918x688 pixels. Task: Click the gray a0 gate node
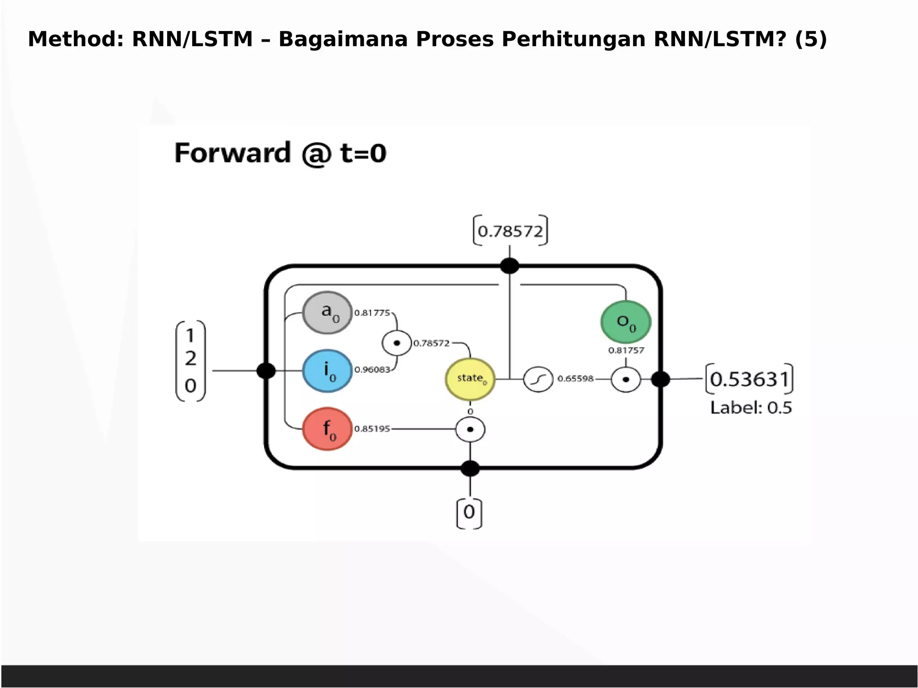pos(327,312)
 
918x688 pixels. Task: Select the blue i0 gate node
pos(327,371)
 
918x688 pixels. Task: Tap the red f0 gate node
pos(327,429)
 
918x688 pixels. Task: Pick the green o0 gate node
pos(626,322)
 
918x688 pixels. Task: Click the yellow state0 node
pos(470,379)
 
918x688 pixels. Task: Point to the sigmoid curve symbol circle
pos(538,379)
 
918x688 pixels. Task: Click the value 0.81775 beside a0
pos(372,313)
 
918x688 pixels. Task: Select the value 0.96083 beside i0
pos(372,370)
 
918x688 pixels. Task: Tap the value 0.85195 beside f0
pos(372,429)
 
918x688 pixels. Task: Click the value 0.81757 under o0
pos(626,350)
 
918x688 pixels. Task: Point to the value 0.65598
pos(575,379)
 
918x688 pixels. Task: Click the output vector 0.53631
pos(749,379)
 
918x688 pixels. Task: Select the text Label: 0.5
pos(751,408)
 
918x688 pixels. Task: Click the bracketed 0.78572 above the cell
pos(510,231)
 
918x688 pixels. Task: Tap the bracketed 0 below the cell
pos(469,512)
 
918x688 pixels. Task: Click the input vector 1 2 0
pos(191,361)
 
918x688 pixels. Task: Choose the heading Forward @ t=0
pos(280,153)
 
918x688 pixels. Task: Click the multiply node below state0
pos(470,429)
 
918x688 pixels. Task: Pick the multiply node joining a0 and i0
pos(397,343)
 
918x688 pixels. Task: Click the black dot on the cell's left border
pos(266,371)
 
